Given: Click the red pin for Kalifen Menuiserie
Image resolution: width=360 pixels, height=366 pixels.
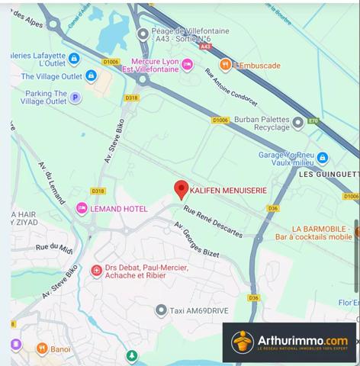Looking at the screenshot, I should tap(181, 189).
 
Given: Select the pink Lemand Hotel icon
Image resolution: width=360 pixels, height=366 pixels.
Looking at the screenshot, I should tap(82, 208).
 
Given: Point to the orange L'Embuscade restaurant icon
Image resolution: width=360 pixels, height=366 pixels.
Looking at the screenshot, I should tap(225, 66).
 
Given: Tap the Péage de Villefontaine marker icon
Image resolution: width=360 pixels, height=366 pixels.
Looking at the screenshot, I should tap(143, 34).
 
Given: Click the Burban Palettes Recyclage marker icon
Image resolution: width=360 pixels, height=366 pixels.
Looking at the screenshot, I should tap(297, 121).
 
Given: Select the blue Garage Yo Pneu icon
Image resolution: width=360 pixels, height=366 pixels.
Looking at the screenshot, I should tap(323, 159).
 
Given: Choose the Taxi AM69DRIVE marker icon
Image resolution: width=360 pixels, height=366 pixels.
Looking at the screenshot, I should tap(161, 310).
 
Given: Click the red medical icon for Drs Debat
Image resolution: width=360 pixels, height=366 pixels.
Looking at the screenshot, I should tap(97, 271).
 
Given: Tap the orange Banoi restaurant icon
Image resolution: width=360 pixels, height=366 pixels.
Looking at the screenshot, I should tap(41, 349).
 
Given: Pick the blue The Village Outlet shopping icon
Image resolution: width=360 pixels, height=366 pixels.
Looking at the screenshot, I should tap(91, 76).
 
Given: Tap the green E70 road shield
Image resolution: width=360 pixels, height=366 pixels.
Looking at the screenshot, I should tap(313, 121).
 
